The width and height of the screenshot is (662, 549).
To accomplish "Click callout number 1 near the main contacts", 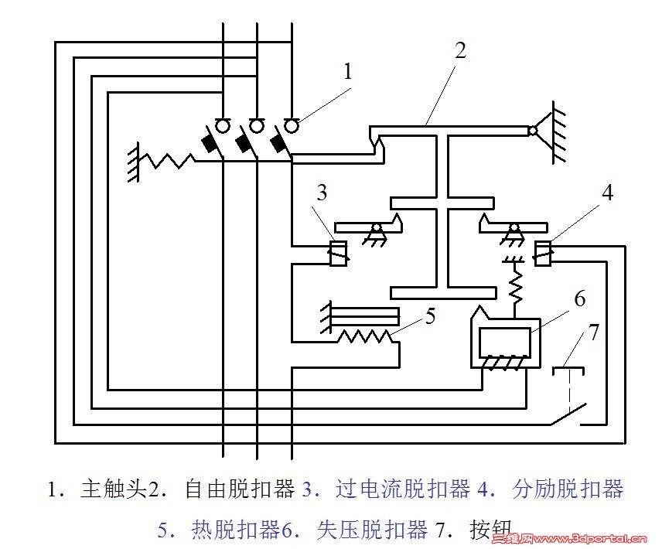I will click(x=348, y=72).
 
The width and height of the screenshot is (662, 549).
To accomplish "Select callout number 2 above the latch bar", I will click(x=460, y=52).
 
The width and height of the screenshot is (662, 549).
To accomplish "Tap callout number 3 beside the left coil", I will click(x=322, y=193).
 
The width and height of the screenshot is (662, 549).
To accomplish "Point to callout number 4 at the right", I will click(x=608, y=193).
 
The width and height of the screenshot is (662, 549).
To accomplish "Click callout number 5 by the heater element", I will click(x=430, y=315).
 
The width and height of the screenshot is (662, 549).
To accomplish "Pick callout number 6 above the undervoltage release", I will click(x=579, y=298).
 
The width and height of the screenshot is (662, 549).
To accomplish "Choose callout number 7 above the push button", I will click(x=593, y=333).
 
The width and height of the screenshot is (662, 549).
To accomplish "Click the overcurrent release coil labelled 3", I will click(x=338, y=254).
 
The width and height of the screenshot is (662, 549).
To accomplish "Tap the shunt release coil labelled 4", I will click(x=544, y=252).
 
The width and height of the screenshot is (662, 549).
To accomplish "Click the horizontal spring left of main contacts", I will click(x=166, y=159).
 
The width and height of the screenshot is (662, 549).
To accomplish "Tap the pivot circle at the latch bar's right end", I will click(x=532, y=132).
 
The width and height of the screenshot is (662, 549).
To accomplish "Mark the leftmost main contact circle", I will click(x=223, y=124).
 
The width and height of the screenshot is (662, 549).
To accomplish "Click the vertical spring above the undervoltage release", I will click(x=514, y=287).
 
